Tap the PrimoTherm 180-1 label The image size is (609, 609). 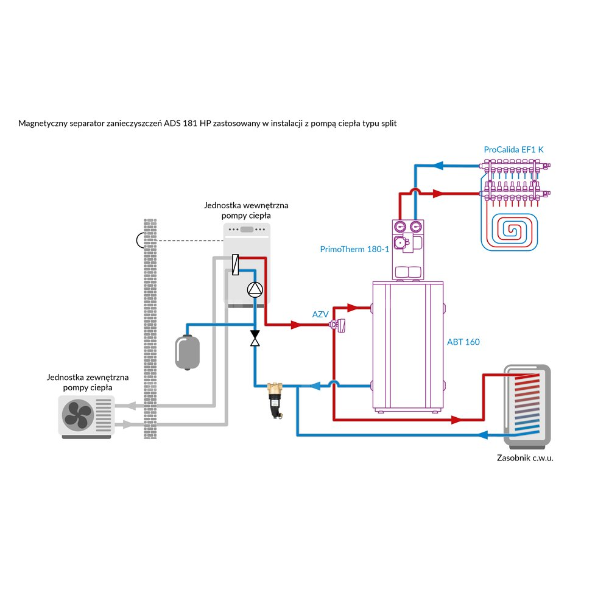(x=354, y=249)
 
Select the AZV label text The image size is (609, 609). (x=320, y=314)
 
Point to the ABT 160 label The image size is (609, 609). (x=463, y=342)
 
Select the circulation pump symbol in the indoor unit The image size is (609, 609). (x=255, y=290)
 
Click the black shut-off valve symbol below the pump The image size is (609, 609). (x=255, y=338)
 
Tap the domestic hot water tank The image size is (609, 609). (x=527, y=405)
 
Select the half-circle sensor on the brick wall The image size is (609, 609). (x=141, y=241)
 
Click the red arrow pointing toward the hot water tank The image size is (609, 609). (x=456, y=420)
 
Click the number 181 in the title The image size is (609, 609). (x=189, y=124)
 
